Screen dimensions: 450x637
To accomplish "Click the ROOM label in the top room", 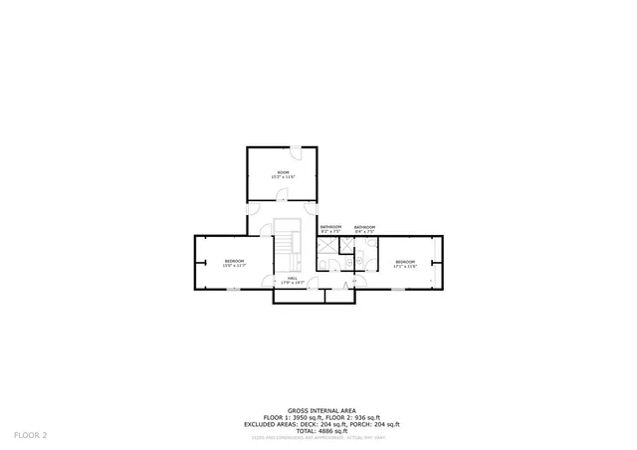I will [x=283, y=172].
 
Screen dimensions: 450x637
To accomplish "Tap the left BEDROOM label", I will [x=234, y=261].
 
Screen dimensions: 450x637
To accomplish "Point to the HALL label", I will [x=293, y=279].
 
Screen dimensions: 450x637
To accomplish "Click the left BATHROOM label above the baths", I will [x=330, y=226].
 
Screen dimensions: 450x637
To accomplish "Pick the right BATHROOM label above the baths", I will [x=364, y=227].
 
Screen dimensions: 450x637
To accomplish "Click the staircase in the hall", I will [x=288, y=244].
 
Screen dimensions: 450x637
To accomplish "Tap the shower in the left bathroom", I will [x=325, y=245].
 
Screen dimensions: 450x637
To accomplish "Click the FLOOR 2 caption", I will [x=31, y=435].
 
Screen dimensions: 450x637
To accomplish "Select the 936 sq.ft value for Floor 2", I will [x=370, y=416].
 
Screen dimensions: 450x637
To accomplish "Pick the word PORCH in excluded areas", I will [x=359, y=423].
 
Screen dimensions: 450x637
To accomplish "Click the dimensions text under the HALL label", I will [x=293, y=284].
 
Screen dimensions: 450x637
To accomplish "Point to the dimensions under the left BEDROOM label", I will [x=234, y=266].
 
